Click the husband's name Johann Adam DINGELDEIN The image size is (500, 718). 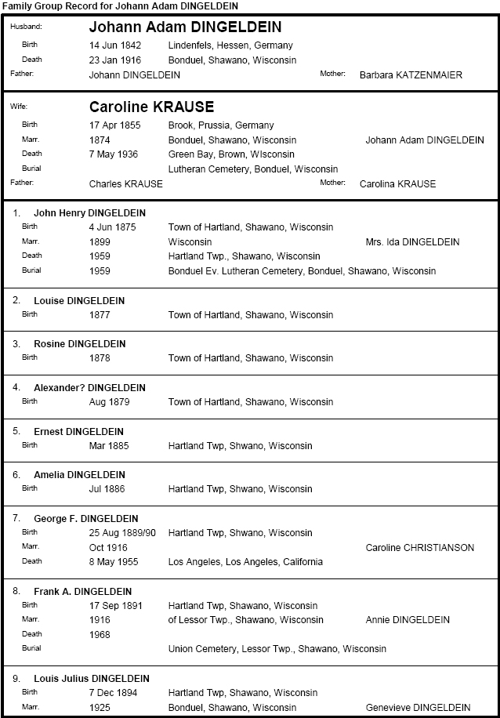[185, 27]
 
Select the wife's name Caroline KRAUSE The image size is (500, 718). [151, 107]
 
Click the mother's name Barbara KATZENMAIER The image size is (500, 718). [411, 75]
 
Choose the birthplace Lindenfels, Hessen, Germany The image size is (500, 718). [230, 45]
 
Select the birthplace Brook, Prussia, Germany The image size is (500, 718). [221, 125]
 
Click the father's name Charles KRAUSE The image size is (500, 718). [126, 184]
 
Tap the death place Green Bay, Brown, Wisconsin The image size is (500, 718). [231, 154]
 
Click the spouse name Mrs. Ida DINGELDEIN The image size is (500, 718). [412, 242]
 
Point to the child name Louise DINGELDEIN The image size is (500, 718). [79, 301]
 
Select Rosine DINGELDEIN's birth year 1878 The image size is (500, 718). [100, 358]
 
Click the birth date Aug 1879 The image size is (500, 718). [109, 402]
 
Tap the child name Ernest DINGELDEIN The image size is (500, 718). [78, 432]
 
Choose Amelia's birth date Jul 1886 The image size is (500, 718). [107, 489]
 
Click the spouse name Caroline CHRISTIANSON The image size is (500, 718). [419, 548]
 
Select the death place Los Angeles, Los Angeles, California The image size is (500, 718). [245, 562]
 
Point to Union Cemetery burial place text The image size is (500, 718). [277, 649]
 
